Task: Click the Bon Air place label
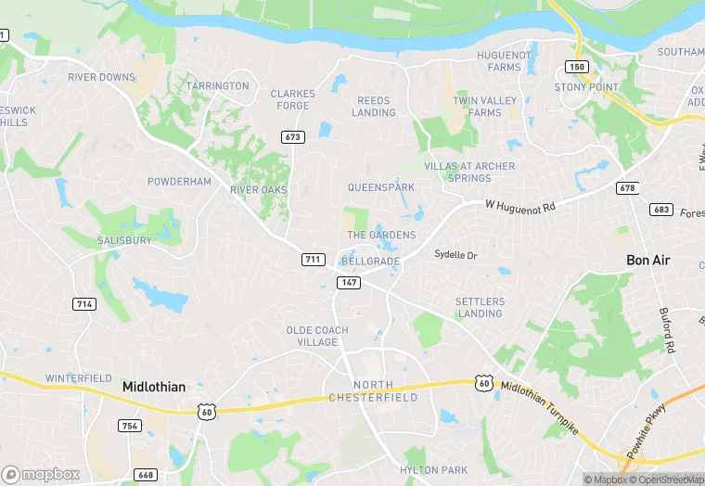pos(647,261)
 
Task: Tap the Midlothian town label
pos(154,387)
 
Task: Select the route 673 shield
pos(293,137)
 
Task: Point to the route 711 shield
pos(314,259)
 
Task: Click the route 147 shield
pos(349,282)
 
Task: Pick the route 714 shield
pos(84,303)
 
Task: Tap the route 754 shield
pos(130,426)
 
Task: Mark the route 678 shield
pos(628,188)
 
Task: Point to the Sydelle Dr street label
pos(455,254)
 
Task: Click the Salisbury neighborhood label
pos(124,240)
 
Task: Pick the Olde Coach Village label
pos(317,336)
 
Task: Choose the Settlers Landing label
pos(480,307)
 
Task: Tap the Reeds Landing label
pos(373,106)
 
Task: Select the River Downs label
pos(101,77)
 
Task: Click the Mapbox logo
pos(42,474)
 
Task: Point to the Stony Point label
pos(585,87)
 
